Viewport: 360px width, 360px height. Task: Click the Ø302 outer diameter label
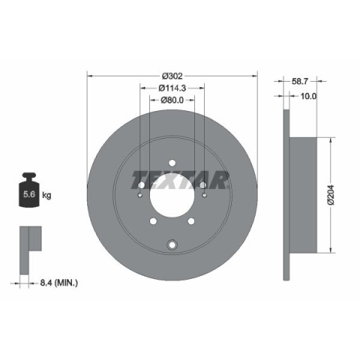pyautogui.click(x=172, y=76)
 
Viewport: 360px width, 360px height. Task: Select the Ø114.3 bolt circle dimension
pyautogui.click(x=172, y=88)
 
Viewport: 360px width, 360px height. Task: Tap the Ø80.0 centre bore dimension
pyautogui.click(x=172, y=100)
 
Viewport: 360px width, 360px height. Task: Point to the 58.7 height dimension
pyautogui.click(x=299, y=81)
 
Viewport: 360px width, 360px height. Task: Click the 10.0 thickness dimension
pyautogui.click(x=308, y=96)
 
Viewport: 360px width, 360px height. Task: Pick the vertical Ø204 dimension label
pyautogui.click(x=331, y=195)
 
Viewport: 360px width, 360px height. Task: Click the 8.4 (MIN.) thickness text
pyautogui.click(x=58, y=283)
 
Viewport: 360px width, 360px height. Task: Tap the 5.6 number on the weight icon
pyautogui.click(x=29, y=194)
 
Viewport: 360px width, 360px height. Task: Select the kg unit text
pyautogui.click(x=46, y=195)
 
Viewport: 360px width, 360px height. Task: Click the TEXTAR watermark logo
pyautogui.click(x=180, y=180)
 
